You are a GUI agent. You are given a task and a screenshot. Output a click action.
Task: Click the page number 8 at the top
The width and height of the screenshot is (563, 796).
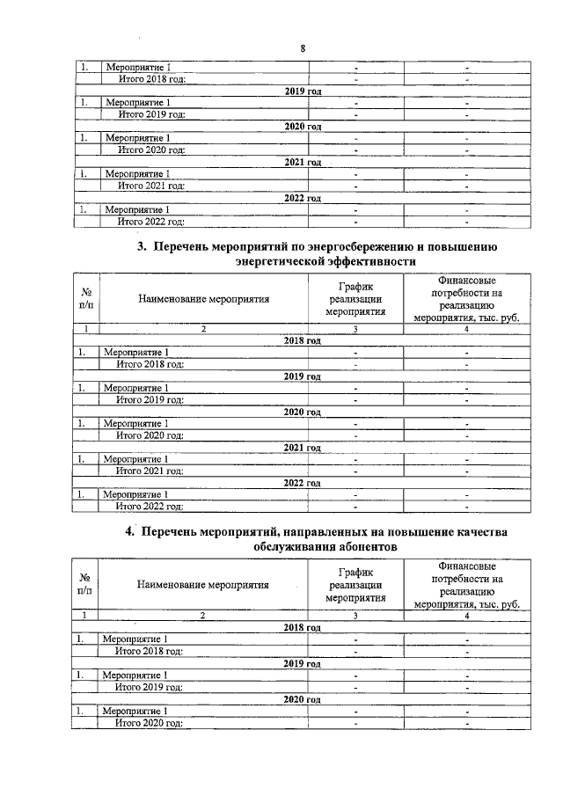pos(303,48)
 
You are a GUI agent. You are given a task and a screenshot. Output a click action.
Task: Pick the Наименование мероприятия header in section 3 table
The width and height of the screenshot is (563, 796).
pos(203,299)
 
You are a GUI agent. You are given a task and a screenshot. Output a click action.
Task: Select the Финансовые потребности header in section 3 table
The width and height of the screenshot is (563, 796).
pos(466,299)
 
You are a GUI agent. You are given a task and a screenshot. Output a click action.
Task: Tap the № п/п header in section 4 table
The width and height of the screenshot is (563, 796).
pos(86,584)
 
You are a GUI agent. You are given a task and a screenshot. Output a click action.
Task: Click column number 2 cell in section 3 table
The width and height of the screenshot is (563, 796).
pos(203,329)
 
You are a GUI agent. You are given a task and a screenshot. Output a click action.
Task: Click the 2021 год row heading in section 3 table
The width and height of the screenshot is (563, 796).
pos(303,447)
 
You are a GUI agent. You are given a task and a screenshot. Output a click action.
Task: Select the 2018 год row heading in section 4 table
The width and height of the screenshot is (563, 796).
pos(303,627)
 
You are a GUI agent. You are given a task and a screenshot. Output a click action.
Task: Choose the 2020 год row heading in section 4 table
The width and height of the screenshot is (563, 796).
pos(303,699)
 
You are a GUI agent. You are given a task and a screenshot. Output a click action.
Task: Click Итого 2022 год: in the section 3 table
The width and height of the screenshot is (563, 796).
pos(150,507)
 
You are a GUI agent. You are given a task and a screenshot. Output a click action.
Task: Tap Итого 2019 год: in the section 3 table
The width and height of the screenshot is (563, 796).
pos(150,399)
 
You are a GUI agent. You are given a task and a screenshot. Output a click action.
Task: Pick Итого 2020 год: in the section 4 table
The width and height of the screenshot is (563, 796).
pos(150,723)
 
